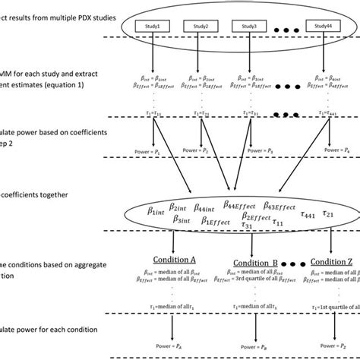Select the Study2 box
point(201,26)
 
